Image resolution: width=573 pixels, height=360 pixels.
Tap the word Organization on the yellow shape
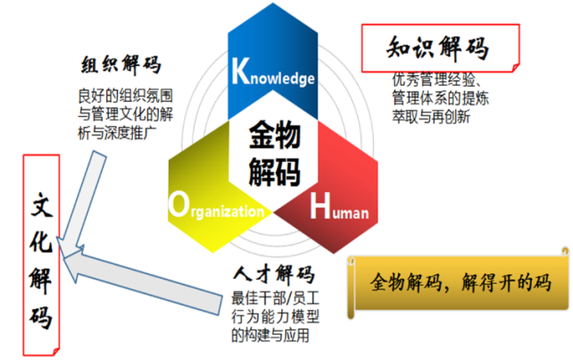point(216,205)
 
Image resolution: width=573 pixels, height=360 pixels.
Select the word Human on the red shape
point(339,206)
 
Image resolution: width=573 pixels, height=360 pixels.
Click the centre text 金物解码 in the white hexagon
point(274,154)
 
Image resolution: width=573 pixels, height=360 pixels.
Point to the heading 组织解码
point(121,64)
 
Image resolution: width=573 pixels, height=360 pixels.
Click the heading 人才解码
point(274,274)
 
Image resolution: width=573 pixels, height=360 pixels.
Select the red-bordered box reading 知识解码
point(440,48)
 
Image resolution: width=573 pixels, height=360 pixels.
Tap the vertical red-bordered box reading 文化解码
point(41,255)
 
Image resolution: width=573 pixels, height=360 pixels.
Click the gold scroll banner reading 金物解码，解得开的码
point(459,283)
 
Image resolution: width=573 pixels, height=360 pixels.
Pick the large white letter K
point(241,71)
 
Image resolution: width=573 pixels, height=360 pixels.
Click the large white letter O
point(179,205)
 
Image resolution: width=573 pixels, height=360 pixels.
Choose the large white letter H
point(320,206)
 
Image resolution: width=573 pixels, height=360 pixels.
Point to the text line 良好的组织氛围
point(125,96)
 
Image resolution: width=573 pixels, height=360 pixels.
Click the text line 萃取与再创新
point(431,117)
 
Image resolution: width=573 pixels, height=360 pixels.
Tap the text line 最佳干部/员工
point(275,298)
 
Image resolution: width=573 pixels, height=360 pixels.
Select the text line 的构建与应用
point(270,335)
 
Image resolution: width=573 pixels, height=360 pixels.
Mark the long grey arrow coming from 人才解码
point(143,280)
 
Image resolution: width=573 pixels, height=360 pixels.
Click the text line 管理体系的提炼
point(440,98)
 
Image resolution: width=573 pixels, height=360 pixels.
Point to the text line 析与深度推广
point(117,133)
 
